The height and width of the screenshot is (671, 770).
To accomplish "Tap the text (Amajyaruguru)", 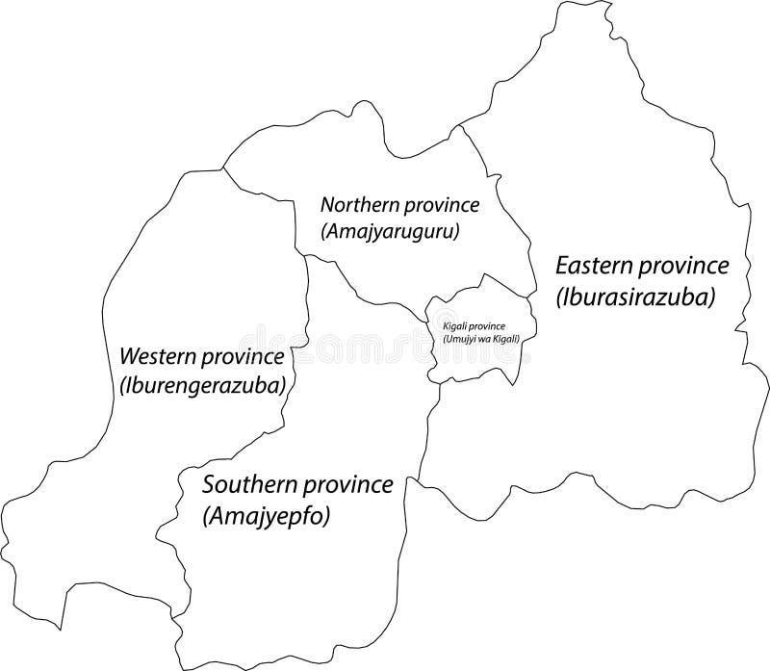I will (390, 231).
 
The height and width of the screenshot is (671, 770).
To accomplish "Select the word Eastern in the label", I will (596, 266).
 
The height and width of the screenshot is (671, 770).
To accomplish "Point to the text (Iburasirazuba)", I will (636, 297).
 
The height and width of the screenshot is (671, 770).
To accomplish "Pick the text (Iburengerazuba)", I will (205, 385).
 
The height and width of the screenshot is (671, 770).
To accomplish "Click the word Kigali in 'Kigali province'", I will (455, 327).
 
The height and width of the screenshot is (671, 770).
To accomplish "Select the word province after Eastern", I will (684, 266).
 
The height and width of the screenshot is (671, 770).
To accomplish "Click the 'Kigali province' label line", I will (479, 327).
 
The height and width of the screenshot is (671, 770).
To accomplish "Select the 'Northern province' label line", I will (400, 205).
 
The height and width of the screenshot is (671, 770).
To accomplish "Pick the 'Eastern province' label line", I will (643, 266).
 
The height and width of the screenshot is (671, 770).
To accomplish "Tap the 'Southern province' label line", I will (296, 484).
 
